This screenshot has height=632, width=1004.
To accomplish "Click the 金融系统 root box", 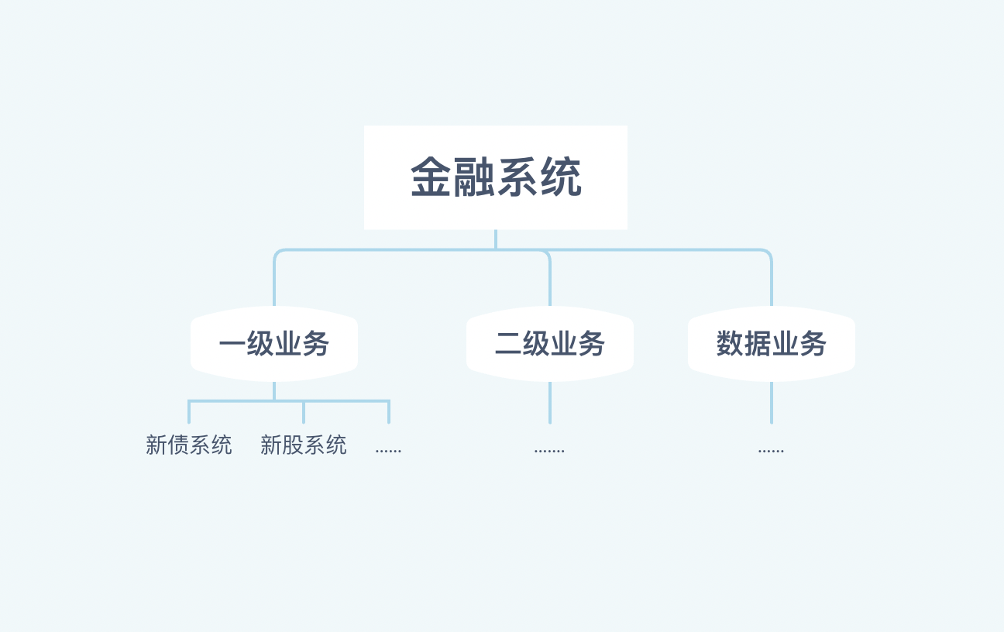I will (x=496, y=177).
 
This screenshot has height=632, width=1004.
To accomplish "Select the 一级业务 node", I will (x=274, y=344).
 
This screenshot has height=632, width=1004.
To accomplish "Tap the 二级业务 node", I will (x=550, y=344).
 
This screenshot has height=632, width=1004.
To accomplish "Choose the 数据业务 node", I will (x=772, y=344).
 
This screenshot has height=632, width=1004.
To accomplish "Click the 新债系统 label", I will (x=189, y=445).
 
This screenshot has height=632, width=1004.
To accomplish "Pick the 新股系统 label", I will (x=304, y=445).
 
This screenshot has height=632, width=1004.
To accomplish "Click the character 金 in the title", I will (x=432, y=178).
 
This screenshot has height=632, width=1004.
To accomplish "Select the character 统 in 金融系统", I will (x=561, y=178).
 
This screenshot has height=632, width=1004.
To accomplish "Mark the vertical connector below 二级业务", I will (x=550, y=403).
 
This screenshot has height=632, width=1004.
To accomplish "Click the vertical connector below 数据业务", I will (x=772, y=403).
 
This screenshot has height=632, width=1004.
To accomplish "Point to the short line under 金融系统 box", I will (x=496, y=239).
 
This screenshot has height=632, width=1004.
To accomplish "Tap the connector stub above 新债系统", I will (x=189, y=412).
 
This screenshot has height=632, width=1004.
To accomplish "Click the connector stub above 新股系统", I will (x=304, y=412).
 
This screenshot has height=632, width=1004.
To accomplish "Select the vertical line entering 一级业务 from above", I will (x=274, y=283).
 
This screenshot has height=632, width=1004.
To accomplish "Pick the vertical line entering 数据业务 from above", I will (x=772, y=283).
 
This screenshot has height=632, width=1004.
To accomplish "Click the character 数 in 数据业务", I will (x=730, y=344).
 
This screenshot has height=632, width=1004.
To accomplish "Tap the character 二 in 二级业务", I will (x=508, y=344).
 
